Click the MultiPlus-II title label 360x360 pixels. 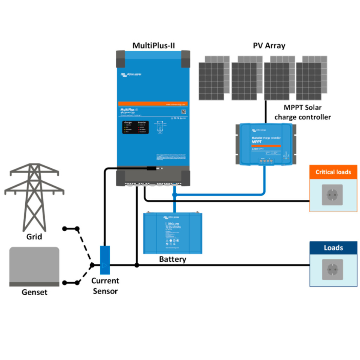pos(153,45)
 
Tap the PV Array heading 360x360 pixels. pos(269,45)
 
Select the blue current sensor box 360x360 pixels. pos(105,260)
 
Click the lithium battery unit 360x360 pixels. pos(172,233)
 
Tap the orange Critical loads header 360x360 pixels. pos(333,172)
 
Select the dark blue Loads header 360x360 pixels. pos(333,248)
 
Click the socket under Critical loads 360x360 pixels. pos(332,195)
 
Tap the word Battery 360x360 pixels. pos(172,259)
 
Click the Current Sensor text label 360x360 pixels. pos(105,286)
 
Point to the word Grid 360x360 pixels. pos(34,237)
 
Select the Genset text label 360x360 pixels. pos(34,292)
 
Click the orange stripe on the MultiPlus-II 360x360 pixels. pos(153,104)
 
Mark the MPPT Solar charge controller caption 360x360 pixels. pos(302,112)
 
